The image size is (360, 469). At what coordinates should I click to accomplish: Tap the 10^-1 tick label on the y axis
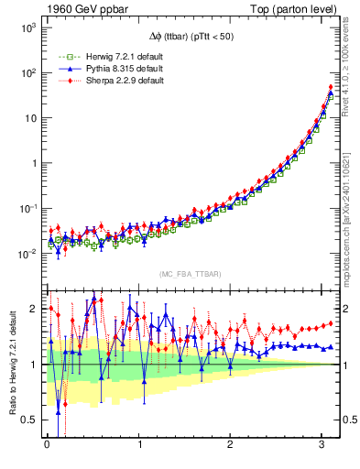(x=27, y=209)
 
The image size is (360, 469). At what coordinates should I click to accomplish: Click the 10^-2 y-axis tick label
(x=27, y=254)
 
